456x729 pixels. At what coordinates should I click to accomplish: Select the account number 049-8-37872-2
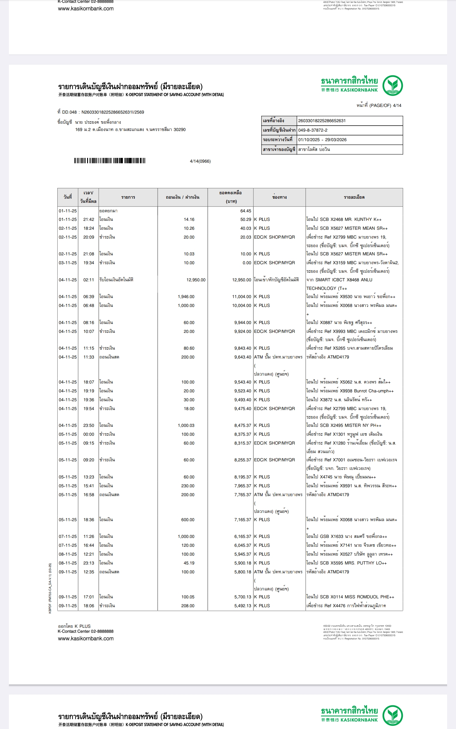click(x=313, y=130)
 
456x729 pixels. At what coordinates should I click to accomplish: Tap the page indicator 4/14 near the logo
click(x=397, y=105)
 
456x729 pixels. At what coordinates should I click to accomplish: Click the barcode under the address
click(x=110, y=161)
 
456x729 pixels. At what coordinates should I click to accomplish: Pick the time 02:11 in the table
click(x=89, y=280)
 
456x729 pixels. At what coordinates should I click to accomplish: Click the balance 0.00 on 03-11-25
click(x=247, y=263)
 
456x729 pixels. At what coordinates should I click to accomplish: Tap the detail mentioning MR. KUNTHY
click(x=344, y=219)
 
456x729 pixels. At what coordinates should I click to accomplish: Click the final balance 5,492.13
click(x=243, y=606)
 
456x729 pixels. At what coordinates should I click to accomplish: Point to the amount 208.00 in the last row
click(x=188, y=606)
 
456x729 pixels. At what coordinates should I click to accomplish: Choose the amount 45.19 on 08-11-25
click(x=189, y=563)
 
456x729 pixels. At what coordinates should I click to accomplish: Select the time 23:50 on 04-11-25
click(x=89, y=425)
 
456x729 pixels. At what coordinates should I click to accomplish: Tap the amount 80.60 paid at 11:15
click(x=189, y=348)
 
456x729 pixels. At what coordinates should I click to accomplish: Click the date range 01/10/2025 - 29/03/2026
click(x=322, y=140)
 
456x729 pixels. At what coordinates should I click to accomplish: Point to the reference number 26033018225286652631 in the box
click(x=322, y=121)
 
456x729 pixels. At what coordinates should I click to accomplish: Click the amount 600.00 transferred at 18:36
click(x=188, y=520)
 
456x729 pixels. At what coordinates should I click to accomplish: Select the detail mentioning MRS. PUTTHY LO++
click(x=346, y=563)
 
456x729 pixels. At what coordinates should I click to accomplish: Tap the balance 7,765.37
click(x=243, y=495)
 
